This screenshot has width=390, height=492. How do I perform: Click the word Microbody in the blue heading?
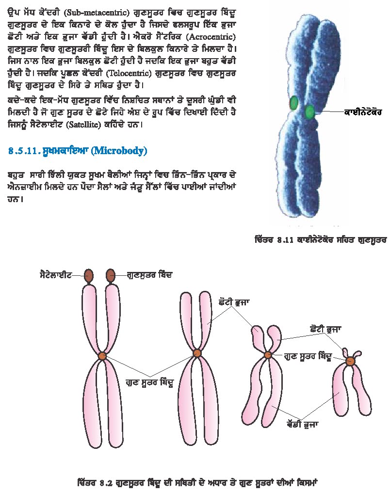(x=120, y=151)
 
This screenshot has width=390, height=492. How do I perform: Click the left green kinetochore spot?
(x=294, y=103)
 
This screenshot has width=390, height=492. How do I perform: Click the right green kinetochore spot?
(x=310, y=112)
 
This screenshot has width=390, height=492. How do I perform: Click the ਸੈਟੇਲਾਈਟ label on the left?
(x=56, y=275)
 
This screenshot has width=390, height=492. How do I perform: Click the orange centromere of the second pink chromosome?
(x=197, y=353)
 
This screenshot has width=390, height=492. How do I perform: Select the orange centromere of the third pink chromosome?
(x=268, y=355)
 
